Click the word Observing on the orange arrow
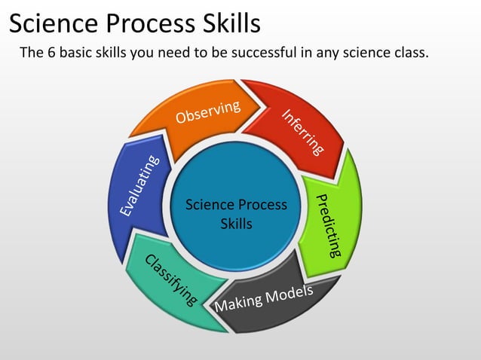coord(208,111)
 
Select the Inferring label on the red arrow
coord(303,133)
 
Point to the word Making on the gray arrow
coord(240,301)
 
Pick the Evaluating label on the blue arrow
coord(139,185)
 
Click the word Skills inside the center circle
coord(236,224)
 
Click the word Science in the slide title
coord(54,24)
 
